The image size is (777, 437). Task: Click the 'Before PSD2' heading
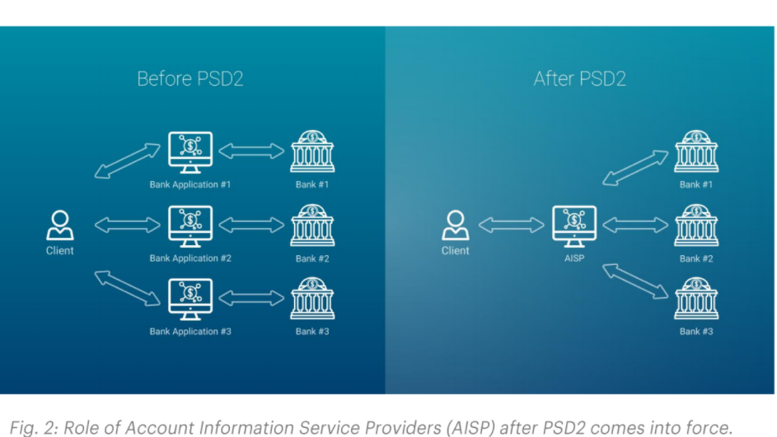pyautogui.click(x=190, y=79)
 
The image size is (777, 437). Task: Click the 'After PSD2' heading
pyautogui.click(x=579, y=79)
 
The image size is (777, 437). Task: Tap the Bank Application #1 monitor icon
pyautogui.click(x=190, y=151)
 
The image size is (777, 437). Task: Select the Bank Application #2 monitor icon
pyautogui.click(x=190, y=225)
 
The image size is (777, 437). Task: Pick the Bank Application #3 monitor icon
pyautogui.click(x=190, y=299)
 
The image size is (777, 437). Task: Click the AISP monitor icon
pyautogui.click(x=574, y=225)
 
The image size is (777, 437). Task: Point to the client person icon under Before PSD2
pyautogui.click(x=59, y=224)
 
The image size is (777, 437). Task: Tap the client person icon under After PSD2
pyautogui.click(x=455, y=224)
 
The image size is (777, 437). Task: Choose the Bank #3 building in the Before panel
pyautogui.click(x=312, y=300)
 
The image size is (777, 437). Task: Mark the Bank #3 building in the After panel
pyautogui.click(x=696, y=300)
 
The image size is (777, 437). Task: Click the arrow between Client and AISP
pyautogui.click(x=512, y=225)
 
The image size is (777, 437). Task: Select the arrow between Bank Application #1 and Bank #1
pyautogui.click(x=251, y=151)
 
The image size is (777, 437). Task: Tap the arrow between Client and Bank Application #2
pyautogui.click(x=127, y=225)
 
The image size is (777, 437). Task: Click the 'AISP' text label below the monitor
pyautogui.click(x=574, y=258)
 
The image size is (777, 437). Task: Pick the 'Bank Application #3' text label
pyautogui.click(x=190, y=332)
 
